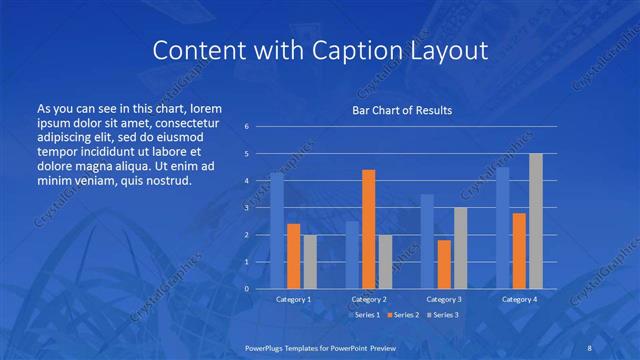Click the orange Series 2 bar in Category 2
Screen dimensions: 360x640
368,230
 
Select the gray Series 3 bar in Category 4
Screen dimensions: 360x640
535,221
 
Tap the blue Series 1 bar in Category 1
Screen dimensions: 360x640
277,231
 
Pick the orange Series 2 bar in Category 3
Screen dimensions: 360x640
443,264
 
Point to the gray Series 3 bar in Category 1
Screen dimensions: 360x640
309,262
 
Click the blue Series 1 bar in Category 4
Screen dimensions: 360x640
503,228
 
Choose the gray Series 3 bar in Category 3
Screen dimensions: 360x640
459,248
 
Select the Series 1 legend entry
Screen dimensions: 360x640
364,315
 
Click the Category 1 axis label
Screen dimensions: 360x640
293,299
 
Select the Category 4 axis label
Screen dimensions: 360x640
519,299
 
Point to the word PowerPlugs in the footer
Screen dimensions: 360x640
269,345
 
